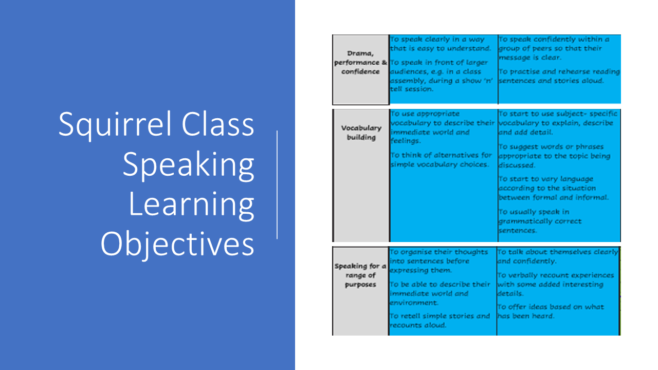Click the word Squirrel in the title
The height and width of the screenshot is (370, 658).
(x=115, y=125)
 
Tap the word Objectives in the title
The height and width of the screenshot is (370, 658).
(x=177, y=244)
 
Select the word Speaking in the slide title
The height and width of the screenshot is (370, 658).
(x=189, y=165)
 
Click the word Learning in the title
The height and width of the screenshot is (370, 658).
(x=192, y=205)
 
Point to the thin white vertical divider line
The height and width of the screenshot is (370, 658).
(x=277, y=184)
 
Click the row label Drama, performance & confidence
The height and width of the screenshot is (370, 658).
(x=360, y=63)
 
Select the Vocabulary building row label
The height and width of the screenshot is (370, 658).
(x=361, y=133)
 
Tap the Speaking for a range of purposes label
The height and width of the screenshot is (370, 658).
(x=360, y=275)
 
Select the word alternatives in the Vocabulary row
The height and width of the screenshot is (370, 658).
(x=456, y=155)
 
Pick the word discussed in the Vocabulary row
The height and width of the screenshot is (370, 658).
(x=517, y=165)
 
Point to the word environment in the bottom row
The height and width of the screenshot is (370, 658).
(x=414, y=303)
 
